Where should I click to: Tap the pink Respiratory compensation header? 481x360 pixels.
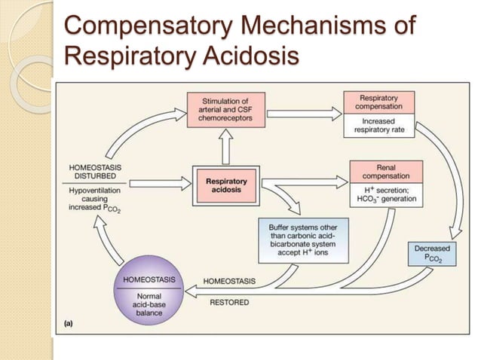coord(378,102)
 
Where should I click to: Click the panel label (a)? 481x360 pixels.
coord(68,322)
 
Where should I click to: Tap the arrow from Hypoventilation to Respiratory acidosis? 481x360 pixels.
coord(158,182)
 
